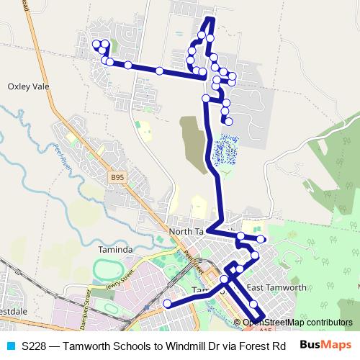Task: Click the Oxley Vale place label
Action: coord(28,85)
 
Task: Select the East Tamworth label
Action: coord(276,287)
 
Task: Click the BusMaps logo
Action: coord(325,346)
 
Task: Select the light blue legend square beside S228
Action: coord(9,346)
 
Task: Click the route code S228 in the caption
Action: coord(35,346)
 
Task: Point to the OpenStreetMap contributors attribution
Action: coord(297,323)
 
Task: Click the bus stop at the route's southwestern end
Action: coord(167,304)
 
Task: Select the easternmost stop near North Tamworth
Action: coord(261,239)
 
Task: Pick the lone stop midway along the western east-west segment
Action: coord(159,71)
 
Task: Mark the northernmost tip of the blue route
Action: coord(210,18)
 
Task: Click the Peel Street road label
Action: coord(189,261)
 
